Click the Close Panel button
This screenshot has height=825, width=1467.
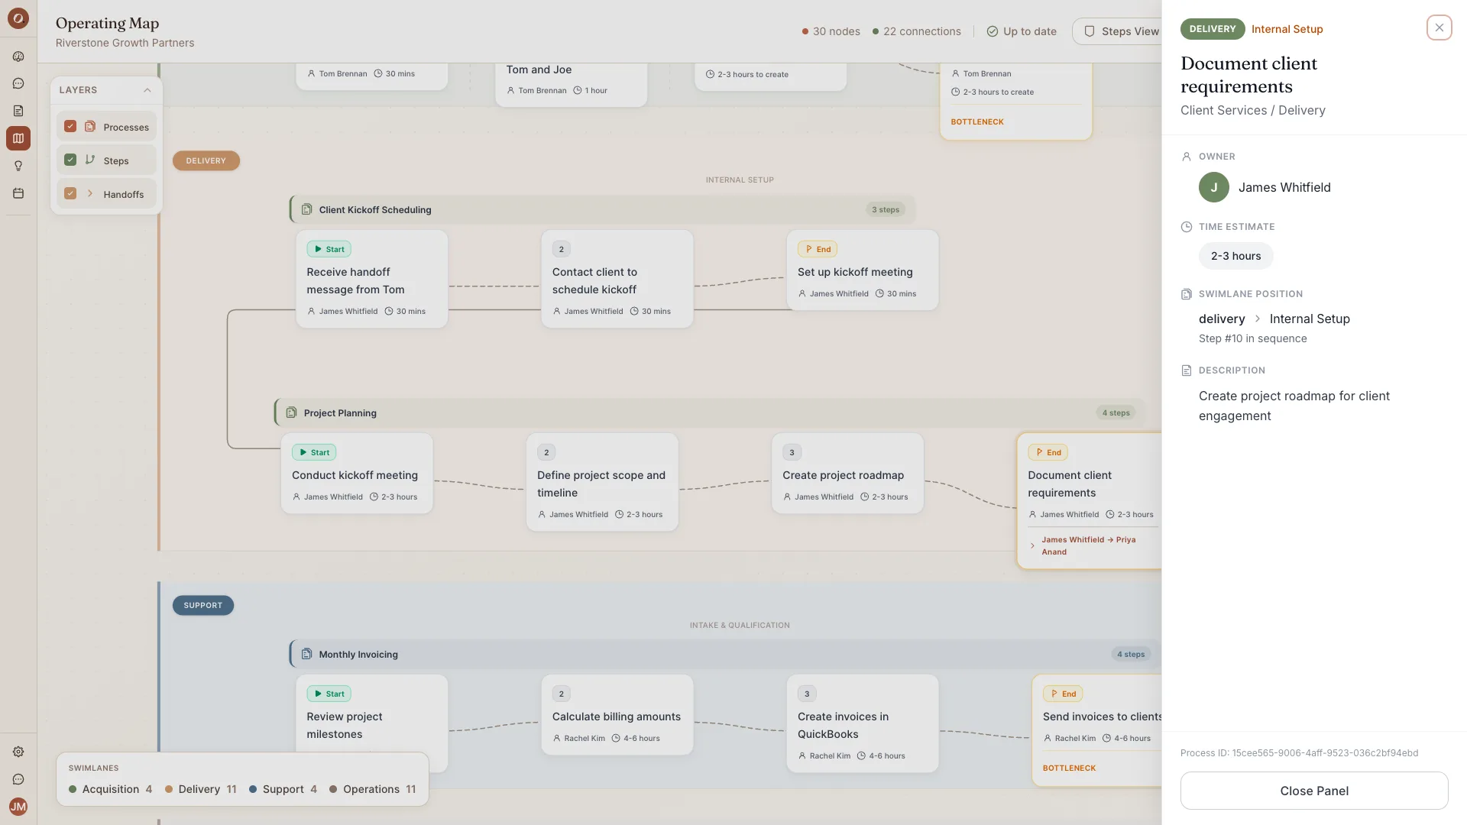tap(1314, 791)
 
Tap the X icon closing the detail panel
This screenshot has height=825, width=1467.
tap(1439, 27)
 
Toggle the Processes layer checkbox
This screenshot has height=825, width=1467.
tap(70, 126)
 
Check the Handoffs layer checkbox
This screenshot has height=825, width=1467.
tap(70, 193)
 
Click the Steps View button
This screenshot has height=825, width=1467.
tap(1119, 31)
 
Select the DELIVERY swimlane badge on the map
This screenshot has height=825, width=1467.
tap(206, 160)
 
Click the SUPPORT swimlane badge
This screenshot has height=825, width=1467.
tap(203, 605)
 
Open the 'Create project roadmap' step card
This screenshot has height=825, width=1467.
tap(847, 474)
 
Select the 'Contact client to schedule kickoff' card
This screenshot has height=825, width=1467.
tap(617, 280)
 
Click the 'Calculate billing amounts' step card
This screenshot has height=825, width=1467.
tap(617, 715)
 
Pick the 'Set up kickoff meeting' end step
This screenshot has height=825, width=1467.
tap(863, 270)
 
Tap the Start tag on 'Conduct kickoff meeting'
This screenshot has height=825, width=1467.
tap(314, 452)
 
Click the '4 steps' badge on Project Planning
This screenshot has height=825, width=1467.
tap(1116, 412)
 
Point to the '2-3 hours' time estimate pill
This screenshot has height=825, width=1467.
tap(1235, 256)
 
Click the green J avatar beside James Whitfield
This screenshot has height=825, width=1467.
tap(1213, 187)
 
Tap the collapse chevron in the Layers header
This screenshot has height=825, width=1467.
tap(147, 90)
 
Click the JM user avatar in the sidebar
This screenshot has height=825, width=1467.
tap(18, 807)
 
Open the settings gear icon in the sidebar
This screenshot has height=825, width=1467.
tap(18, 752)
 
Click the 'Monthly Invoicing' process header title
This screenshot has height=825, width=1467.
tap(358, 654)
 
